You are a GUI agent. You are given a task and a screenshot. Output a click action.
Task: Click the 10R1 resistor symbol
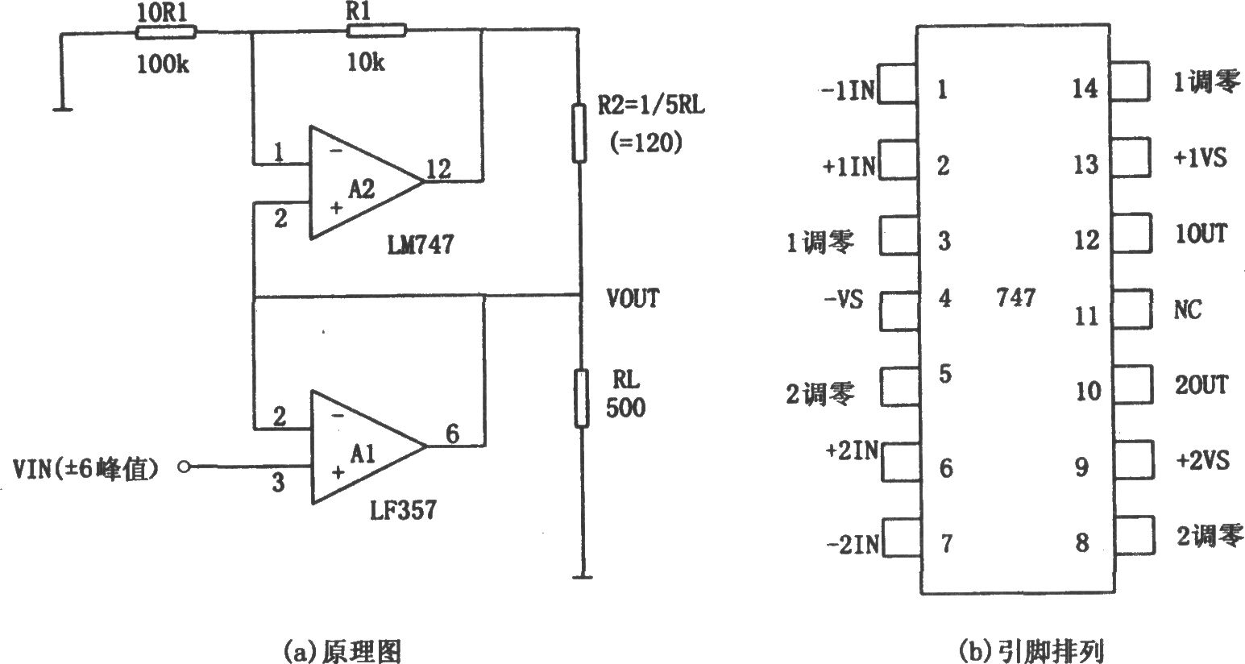tap(166, 33)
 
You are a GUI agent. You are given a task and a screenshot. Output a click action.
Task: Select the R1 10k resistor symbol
tap(376, 30)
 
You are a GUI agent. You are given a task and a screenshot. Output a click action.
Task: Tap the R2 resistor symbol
tap(579, 133)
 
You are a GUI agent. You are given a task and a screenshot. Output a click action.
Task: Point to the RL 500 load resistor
tap(581, 398)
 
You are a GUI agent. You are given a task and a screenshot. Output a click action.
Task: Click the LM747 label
tap(421, 244)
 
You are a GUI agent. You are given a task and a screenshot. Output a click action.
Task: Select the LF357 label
tap(403, 509)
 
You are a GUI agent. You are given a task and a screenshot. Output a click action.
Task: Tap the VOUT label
tap(633, 298)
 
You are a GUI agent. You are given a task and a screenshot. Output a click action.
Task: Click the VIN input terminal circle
tap(184, 467)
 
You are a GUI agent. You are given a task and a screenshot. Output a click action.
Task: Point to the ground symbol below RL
tap(582, 577)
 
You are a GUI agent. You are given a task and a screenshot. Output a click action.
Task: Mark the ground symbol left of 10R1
tap(62, 109)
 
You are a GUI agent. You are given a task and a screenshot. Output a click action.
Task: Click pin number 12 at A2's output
tap(438, 169)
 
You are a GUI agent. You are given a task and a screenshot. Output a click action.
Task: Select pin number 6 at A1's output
tap(452, 434)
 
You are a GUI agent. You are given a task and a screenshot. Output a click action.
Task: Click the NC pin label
tap(1188, 309)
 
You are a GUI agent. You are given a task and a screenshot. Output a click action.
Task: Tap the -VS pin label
tap(844, 300)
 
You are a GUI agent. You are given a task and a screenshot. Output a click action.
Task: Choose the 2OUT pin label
tap(1201, 384)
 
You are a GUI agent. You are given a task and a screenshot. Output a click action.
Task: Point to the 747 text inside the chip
tap(1015, 298)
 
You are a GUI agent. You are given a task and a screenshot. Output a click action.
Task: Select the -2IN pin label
tap(853, 544)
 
